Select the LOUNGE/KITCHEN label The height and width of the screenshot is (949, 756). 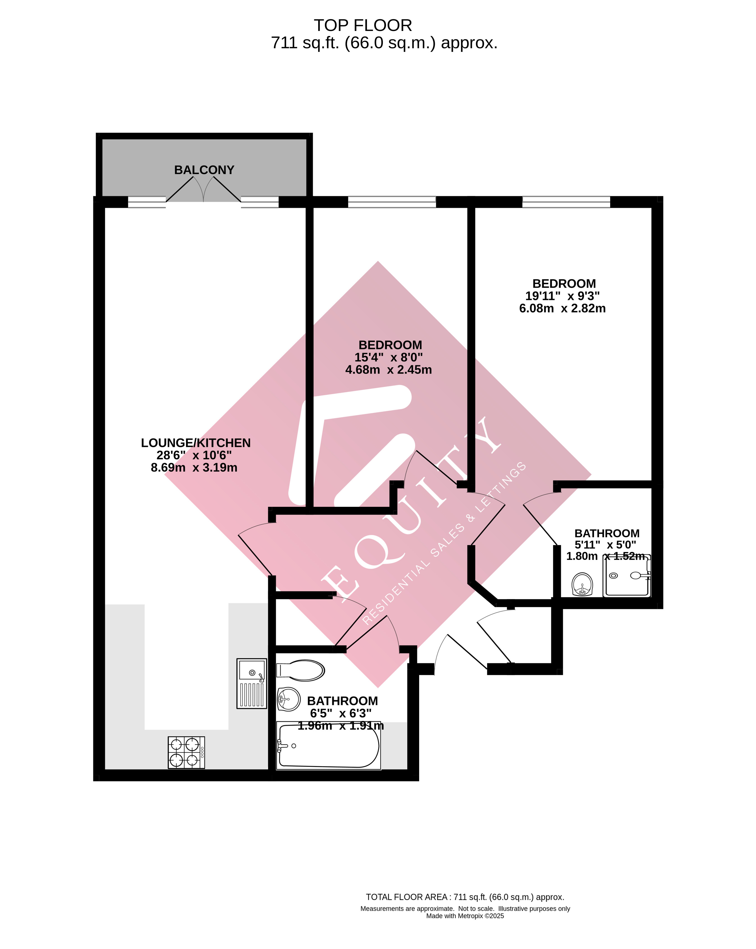click(195, 443)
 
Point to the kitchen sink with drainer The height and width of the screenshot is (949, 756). click(252, 683)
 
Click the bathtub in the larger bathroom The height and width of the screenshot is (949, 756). click(328, 746)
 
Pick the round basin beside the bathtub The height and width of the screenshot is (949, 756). click(288, 699)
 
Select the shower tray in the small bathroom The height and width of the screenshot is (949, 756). click(626, 576)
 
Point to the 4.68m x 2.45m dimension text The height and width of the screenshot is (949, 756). click(388, 370)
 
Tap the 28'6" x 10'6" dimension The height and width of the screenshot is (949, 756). click(194, 455)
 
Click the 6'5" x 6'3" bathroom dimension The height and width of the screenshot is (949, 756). click(341, 713)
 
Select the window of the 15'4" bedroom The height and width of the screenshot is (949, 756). click(392, 202)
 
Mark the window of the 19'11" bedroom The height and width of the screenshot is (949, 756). click(566, 202)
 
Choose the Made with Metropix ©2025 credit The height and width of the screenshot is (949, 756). click(465, 916)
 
